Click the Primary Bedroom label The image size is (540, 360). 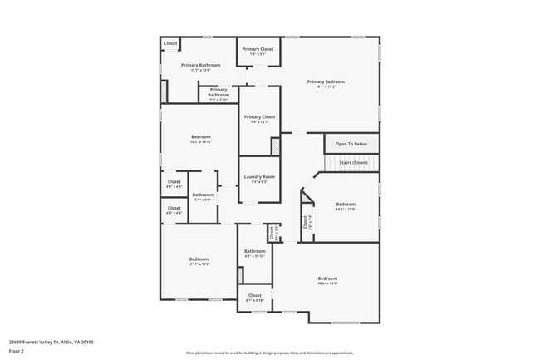coord(326,81)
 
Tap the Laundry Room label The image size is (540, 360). coord(258,176)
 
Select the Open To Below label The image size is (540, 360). coord(351,144)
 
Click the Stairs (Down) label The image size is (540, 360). coord(353,162)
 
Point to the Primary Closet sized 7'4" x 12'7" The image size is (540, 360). coord(258,117)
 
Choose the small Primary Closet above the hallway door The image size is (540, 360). coord(258,50)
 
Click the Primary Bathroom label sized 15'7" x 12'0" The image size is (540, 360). coord(200,65)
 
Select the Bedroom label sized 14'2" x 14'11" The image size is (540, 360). coord(200,137)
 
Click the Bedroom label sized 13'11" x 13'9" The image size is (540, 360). coord(199,259)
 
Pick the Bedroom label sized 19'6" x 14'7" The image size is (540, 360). coord(327,279)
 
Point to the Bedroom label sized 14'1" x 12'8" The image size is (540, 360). coord(346,205)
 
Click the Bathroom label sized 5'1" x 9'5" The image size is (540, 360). coord(203,195)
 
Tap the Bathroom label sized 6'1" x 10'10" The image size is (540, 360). coord(254,252)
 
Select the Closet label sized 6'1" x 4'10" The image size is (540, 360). coord(254,295)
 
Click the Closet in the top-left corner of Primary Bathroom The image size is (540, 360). coord(170,43)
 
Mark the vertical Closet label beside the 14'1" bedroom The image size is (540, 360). coord(306,222)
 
